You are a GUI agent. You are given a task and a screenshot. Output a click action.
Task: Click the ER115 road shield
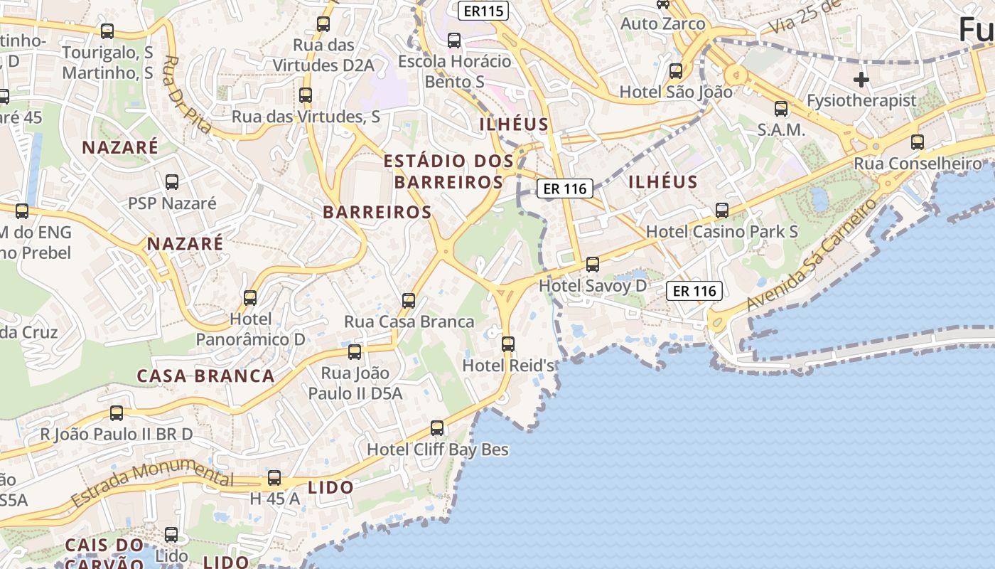[483, 11]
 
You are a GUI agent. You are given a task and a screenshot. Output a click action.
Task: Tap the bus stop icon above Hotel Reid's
[508, 344]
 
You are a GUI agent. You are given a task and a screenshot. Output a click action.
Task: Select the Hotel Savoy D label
[593, 286]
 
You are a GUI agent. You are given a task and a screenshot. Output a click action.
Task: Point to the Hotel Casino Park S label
[721, 232]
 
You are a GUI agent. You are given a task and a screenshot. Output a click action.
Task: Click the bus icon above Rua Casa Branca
[409, 300]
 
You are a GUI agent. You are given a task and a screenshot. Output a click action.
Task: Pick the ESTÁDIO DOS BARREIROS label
[448, 171]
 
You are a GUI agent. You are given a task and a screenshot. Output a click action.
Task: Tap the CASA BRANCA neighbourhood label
[205, 376]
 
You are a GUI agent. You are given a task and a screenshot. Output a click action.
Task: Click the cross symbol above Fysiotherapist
[861, 80]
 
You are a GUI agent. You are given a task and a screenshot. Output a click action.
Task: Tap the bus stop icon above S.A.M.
[781, 109]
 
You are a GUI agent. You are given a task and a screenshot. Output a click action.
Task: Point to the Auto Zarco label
[663, 24]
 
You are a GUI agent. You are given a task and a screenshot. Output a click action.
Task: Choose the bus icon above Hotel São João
[676, 71]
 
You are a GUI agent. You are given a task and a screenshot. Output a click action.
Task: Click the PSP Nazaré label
[172, 203]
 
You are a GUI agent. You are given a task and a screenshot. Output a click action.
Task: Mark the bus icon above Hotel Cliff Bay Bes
[437, 428]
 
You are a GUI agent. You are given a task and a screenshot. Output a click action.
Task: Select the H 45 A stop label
[275, 499]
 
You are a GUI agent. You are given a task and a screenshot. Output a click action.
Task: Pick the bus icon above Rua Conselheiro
[918, 142]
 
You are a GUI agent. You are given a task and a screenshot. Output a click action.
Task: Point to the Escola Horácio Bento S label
[455, 71]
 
